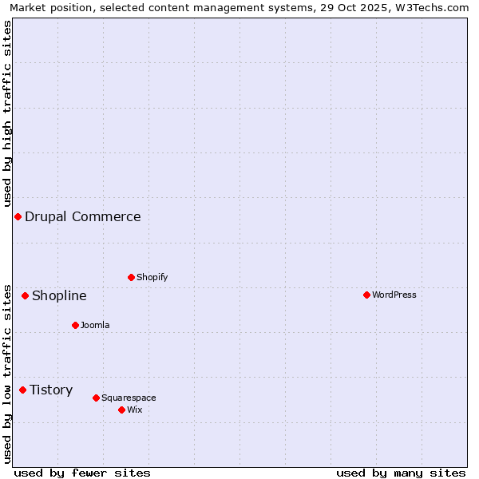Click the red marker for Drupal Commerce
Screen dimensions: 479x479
[18, 217]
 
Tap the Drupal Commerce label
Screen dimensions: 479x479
[83, 217]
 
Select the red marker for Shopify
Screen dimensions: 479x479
[131, 278]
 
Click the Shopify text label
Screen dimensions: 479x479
[152, 278]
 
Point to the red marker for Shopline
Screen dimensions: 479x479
[25, 296]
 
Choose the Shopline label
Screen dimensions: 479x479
[59, 296]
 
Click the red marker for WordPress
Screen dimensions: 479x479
[366, 295]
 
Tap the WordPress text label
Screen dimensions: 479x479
[394, 295]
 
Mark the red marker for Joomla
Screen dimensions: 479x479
[75, 326]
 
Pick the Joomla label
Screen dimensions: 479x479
[95, 326]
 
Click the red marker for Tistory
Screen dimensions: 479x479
[22, 390]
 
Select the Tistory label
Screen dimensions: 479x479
[51, 390]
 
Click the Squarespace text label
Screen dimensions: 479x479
[129, 398]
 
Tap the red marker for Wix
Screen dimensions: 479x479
[121, 410]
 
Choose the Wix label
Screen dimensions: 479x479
[135, 410]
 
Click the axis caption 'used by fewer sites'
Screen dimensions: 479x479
[82, 473]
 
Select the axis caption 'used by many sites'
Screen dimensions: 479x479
[401, 473]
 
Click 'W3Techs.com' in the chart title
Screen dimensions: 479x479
[430, 8]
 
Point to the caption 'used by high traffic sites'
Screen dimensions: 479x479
[8, 113]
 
